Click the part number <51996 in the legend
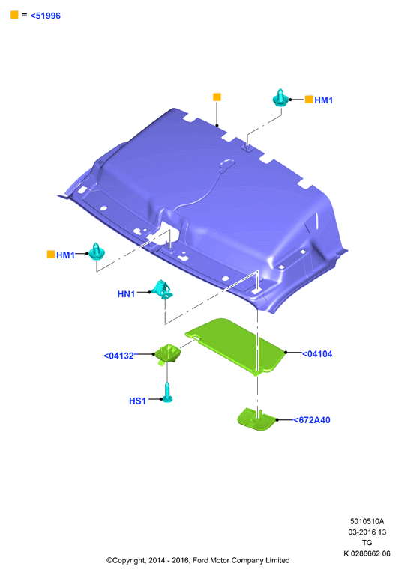[45, 16]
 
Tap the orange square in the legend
[14, 15]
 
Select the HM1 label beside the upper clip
[323, 100]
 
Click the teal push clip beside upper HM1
[280, 98]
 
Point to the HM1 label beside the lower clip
[65, 255]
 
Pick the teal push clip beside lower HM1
[97, 252]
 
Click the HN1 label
[127, 294]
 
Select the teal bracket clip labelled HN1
[163, 290]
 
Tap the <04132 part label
[118, 356]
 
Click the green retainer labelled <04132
[167, 353]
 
